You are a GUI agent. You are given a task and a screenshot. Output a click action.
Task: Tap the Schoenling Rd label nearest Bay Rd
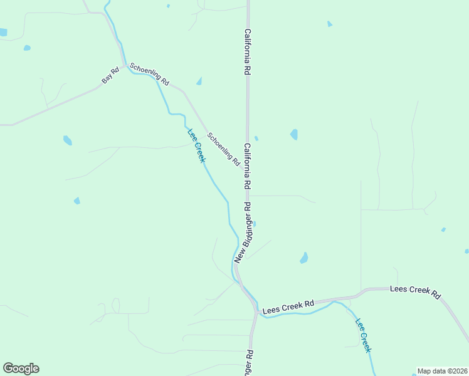click(x=149, y=74)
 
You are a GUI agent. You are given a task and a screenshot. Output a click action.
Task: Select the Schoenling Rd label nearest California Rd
click(x=224, y=149)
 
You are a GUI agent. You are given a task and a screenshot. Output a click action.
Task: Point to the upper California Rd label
click(x=248, y=53)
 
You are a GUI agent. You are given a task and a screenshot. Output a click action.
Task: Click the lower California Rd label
click(x=248, y=167)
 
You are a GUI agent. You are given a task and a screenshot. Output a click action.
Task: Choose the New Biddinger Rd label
click(x=243, y=232)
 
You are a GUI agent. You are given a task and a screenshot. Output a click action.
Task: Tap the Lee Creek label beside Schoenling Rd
click(x=196, y=145)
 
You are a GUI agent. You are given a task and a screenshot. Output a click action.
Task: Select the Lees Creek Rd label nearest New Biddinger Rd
click(x=288, y=306)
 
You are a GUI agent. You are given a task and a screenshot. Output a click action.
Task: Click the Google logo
click(x=21, y=368)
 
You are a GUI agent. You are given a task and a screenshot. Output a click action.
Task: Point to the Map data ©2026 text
click(x=442, y=371)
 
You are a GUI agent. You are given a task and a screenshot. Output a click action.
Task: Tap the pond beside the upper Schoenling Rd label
click(x=199, y=81)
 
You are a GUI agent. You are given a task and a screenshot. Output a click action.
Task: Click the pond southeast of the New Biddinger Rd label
click(x=304, y=258)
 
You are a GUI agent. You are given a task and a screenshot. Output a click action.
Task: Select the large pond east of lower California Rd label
click(x=294, y=134)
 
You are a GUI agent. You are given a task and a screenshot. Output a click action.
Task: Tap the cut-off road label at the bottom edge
click(x=250, y=363)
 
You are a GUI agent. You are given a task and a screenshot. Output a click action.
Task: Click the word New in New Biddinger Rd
click(x=238, y=254)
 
